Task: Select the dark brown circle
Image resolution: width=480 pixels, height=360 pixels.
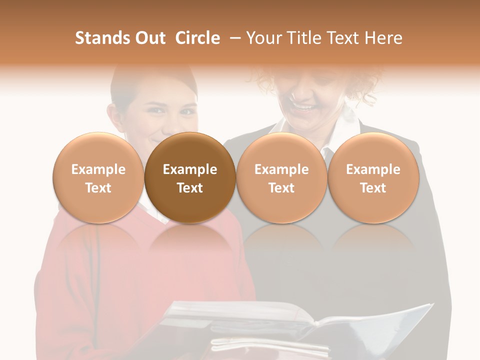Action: [x=190, y=178]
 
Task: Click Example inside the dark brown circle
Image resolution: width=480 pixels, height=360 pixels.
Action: [x=190, y=169]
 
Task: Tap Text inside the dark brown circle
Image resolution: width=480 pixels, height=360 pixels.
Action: [x=190, y=188]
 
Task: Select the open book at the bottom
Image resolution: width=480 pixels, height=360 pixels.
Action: [x=280, y=325]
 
